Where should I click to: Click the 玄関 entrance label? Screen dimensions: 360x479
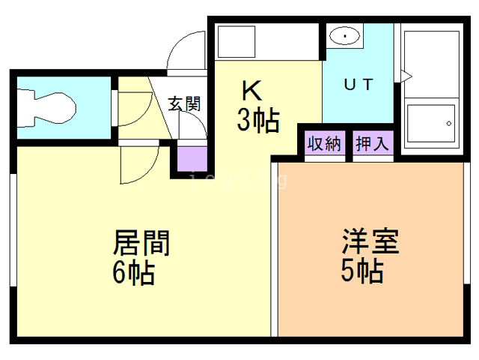pos(184,104)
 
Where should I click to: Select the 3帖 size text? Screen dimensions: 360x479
pos(258,119)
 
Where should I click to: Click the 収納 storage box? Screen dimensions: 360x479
pos(323,143)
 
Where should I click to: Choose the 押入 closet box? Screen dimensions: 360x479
pos(372,143)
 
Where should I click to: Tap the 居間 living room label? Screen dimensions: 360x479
pos(141,243)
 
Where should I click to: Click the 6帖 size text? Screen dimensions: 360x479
pos(134,272)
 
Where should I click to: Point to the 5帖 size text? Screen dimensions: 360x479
pos(362,270)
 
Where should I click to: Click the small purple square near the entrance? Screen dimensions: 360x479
pos(191,160)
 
